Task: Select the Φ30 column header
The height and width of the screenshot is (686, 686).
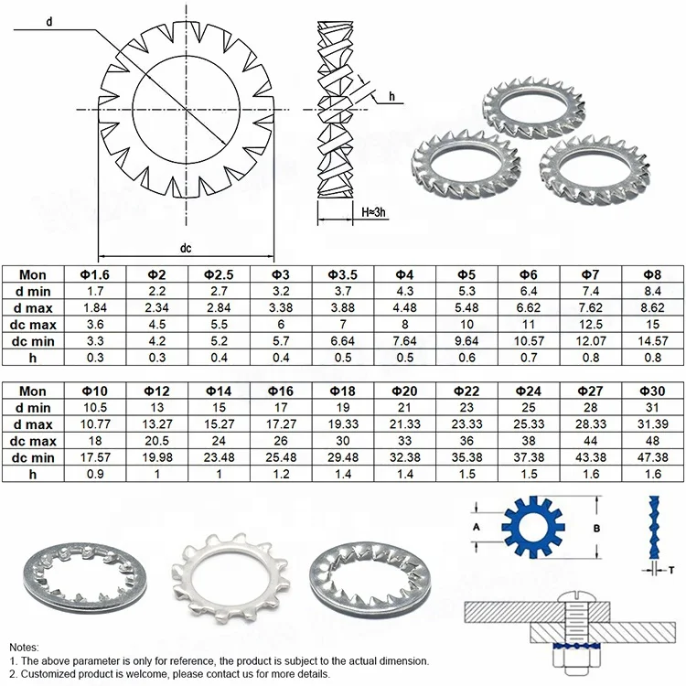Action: pos(652,391)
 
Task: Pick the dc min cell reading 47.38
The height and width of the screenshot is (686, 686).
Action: pos(652,456)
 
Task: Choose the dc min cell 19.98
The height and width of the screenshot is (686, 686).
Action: pos(158,456)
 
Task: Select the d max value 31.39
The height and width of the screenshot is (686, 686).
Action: pos(652,423)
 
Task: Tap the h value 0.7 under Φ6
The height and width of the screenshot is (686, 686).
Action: pos(528,357)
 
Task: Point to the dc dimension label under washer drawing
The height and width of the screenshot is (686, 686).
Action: pos(185,248)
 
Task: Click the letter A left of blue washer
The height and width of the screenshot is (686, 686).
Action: pos(475,528)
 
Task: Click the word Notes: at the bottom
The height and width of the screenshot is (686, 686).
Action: pos(25,645)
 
